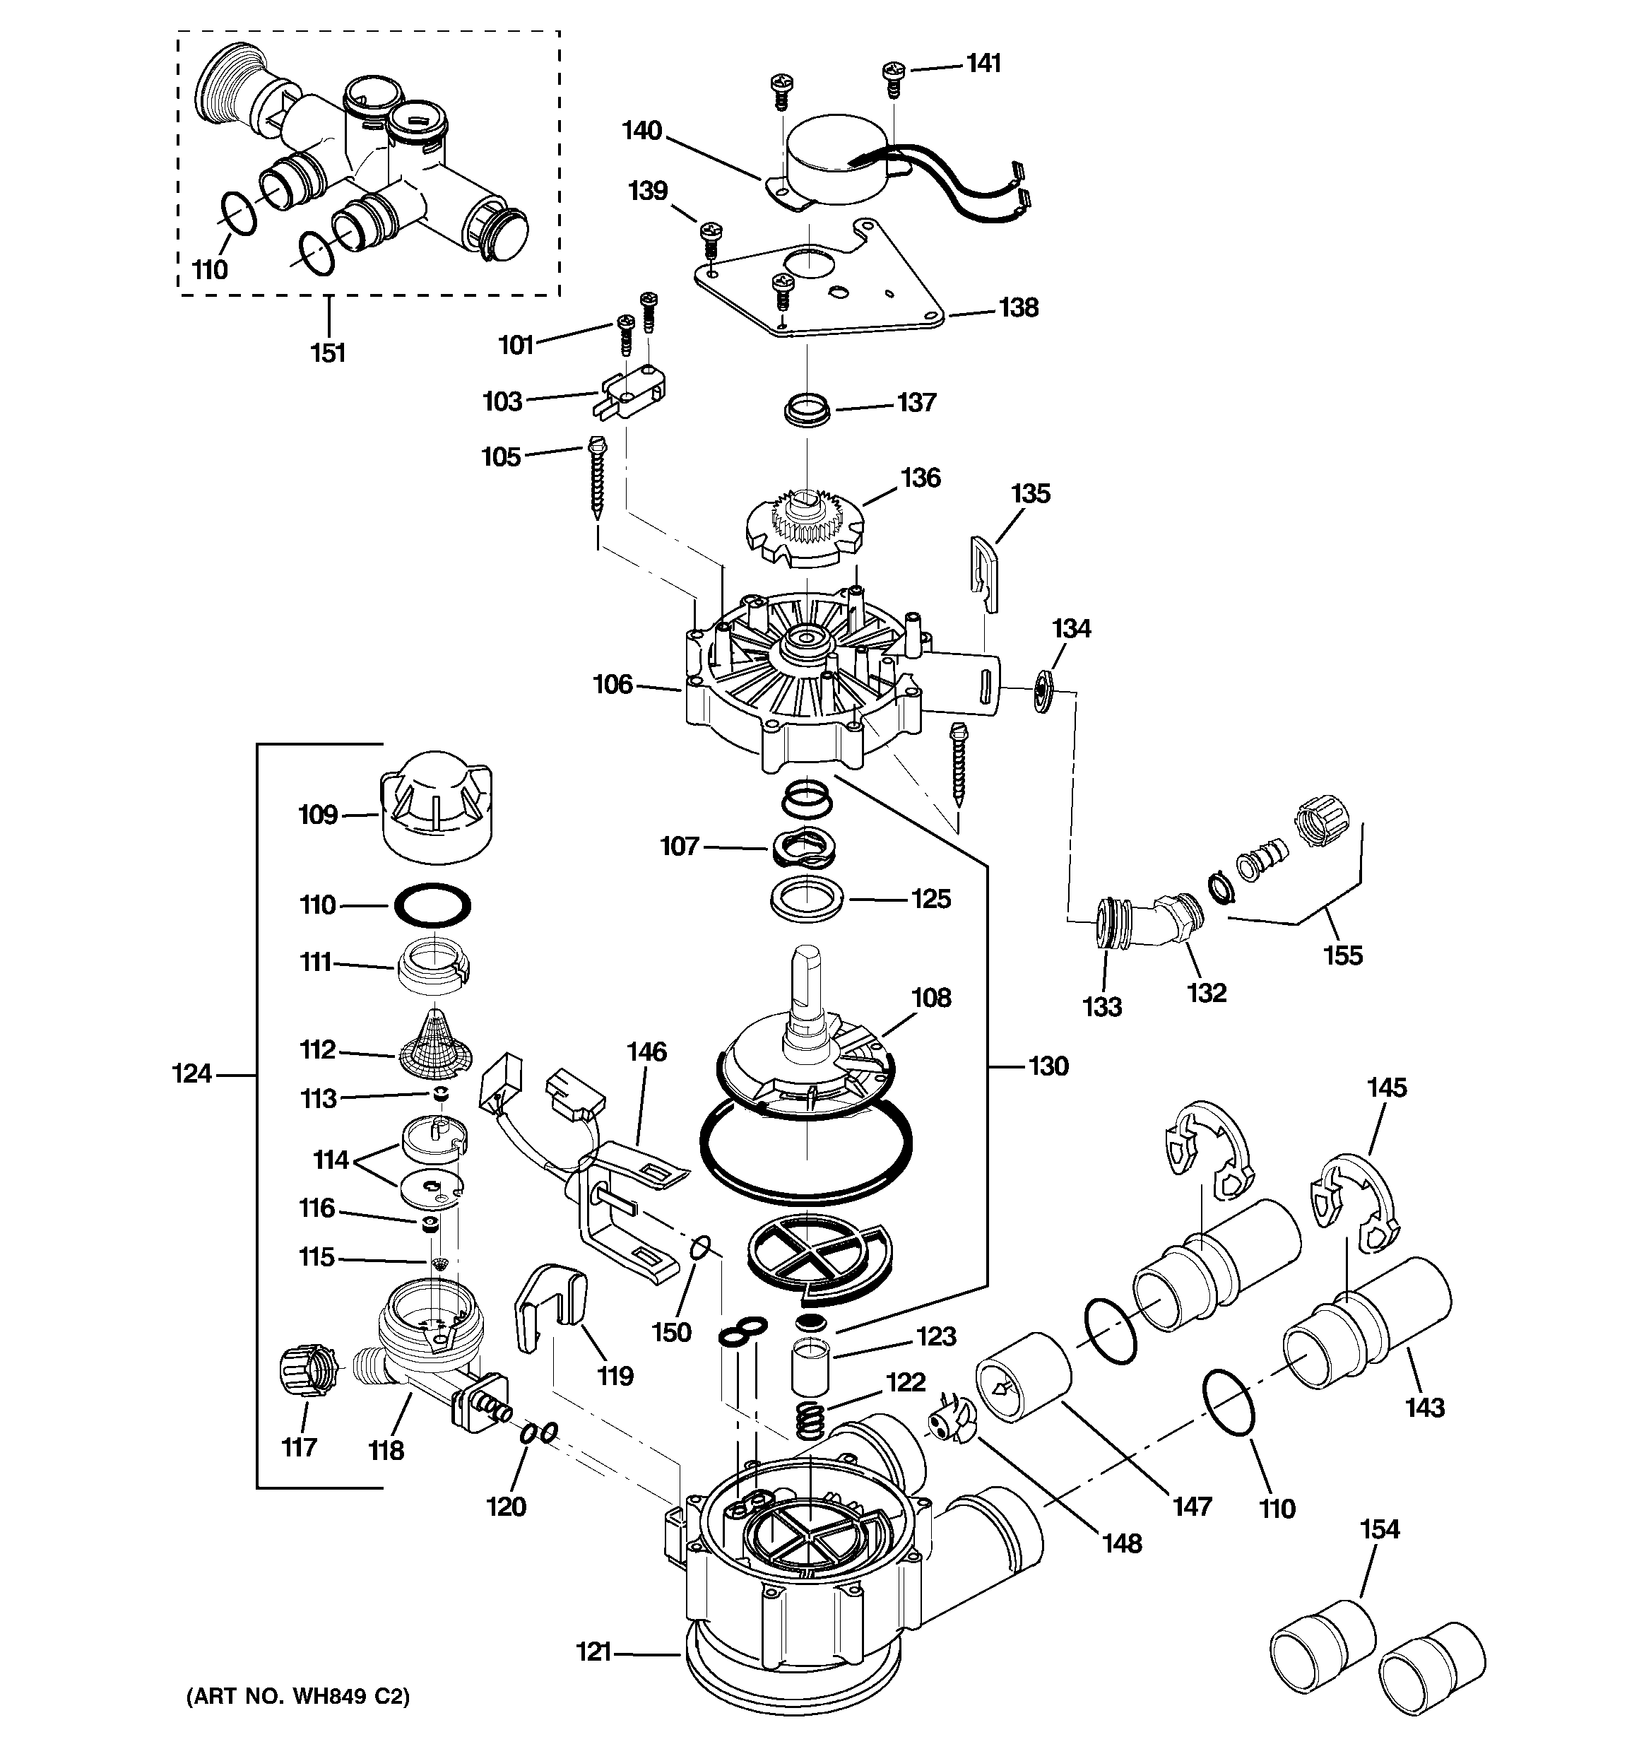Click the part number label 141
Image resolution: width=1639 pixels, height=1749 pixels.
[x=983, y=64]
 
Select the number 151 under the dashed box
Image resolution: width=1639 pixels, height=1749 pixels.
[x=327, y=353]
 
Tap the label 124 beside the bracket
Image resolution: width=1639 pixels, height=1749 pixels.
[x=191, y=1073]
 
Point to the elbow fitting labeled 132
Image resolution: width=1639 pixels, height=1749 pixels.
[x=1161, y=919]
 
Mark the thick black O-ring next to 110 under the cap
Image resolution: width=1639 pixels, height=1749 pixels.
[x=431, y=905]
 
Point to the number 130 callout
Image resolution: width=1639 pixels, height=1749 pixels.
[x=1047, y=1066]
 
